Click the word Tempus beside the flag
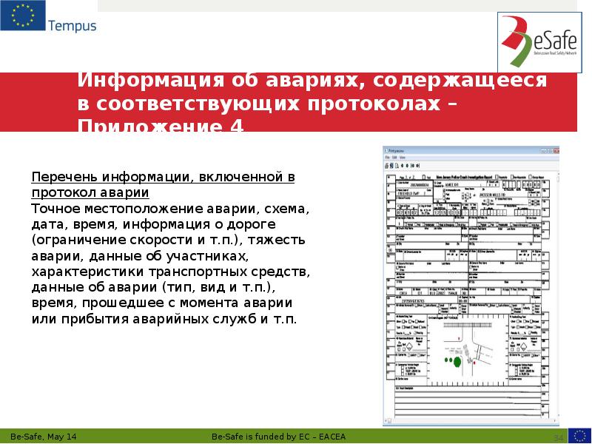point(73,26)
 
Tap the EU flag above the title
point(22,16)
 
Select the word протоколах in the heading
point(377,104)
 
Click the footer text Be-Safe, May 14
point(42,436)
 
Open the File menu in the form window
point(387,158)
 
